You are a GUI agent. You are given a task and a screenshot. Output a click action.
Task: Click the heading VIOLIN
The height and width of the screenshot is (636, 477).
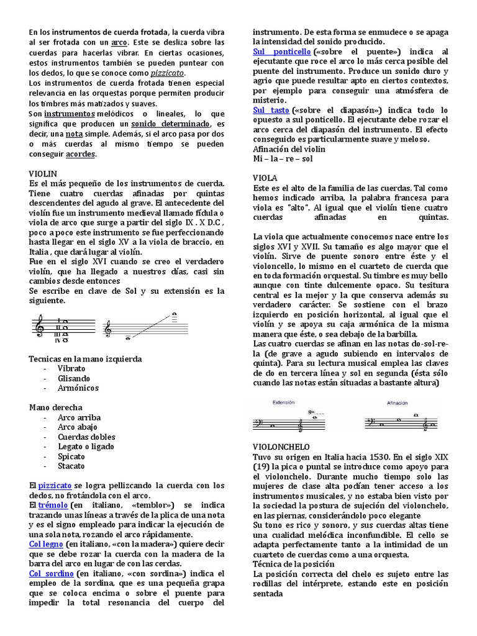click(43, 175)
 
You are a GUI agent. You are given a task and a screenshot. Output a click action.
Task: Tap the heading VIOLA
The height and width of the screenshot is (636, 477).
click(265, 178)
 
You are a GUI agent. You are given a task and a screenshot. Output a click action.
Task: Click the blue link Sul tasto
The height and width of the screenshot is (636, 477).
click(271, 110)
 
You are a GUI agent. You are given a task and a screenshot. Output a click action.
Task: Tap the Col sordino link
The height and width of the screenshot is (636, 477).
click(52, 573)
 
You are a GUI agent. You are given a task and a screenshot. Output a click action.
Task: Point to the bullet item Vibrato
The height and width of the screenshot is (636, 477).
click(71, 368)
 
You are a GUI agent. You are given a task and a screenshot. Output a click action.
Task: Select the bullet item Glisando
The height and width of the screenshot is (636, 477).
click(73, 378)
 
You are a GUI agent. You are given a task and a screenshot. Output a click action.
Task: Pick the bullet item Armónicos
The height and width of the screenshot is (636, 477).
click(78, 388)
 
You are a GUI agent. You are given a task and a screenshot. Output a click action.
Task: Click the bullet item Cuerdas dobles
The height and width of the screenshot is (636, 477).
click(86, 437)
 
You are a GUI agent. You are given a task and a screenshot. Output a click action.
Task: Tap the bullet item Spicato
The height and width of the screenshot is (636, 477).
click(71, 456)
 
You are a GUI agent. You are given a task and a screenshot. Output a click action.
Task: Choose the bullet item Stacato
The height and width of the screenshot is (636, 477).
click(71, 466)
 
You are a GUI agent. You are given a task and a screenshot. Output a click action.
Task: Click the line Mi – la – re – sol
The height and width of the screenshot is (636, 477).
click(283, 158)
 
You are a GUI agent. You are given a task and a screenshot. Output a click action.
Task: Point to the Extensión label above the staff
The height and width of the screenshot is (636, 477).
click(283, 402)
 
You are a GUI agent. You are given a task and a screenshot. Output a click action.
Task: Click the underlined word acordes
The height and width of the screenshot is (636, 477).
click(81, 154)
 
